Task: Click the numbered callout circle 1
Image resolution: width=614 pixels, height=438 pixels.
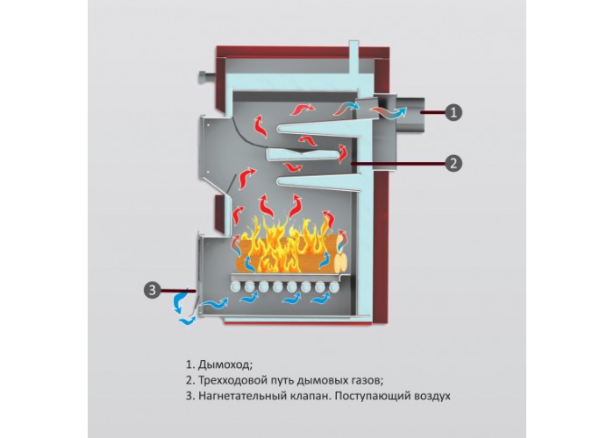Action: tap(453, 113)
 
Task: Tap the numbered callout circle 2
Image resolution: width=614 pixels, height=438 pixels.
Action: tap(453, 163)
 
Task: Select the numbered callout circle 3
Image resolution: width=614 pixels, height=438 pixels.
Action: tap(153, 290)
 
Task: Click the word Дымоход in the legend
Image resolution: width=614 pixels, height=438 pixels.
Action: tap(224, 365)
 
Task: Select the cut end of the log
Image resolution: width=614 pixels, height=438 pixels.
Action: tap(341, 261)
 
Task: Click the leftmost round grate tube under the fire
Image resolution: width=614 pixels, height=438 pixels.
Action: tap(236, 286)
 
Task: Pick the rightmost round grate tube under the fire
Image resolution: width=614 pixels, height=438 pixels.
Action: tap(334, 286)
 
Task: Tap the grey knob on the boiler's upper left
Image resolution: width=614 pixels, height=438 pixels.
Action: tap(206, 76)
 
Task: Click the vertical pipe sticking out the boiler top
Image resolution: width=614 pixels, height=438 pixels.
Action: tap(353, 57)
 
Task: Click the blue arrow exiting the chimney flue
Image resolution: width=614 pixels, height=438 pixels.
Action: tap(399, 113)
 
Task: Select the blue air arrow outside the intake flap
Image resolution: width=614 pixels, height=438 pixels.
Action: tap(181, 301)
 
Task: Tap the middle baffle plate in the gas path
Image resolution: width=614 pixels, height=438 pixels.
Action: tap(303, 153)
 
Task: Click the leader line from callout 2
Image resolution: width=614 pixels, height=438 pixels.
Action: tap(399, 163)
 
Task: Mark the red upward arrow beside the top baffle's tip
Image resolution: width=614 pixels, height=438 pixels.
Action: tap(260, 126)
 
